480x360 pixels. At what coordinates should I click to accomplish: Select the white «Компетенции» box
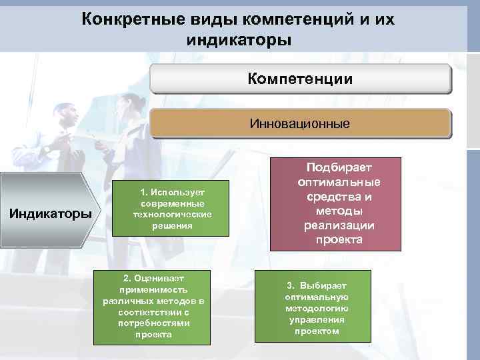(300, 79)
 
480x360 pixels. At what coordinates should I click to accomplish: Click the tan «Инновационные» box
(300, 124)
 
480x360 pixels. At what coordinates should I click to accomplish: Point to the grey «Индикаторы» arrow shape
(49, 214)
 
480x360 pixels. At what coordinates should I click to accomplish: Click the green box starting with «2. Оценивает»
(153, 306)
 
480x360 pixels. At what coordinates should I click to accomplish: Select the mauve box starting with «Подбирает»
(335, 204)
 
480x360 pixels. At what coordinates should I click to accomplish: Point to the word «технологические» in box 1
(171, 215)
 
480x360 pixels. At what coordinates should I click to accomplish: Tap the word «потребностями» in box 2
(153, 323)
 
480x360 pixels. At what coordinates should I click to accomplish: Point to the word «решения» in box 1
(171, 226)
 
